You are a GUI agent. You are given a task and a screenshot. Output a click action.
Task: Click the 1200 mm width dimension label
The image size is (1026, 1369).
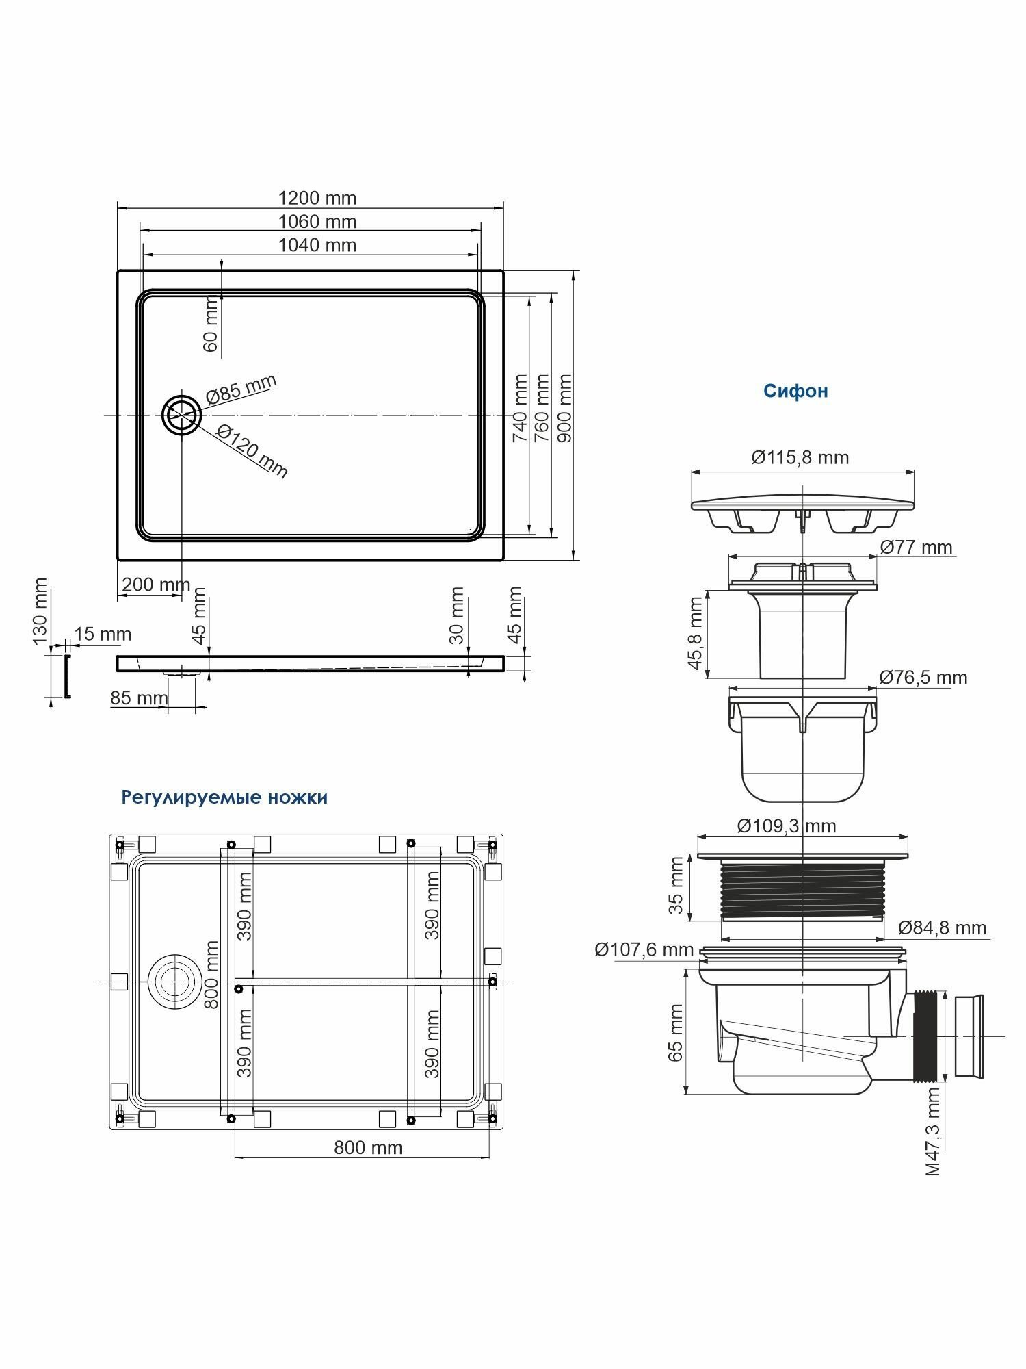[317, 198]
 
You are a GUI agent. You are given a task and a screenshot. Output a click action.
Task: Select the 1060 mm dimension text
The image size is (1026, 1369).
[317, 222]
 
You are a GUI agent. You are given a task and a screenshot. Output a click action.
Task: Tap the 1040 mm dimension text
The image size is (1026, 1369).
[317, 245]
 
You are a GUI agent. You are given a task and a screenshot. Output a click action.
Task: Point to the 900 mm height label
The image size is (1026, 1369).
[565, 408]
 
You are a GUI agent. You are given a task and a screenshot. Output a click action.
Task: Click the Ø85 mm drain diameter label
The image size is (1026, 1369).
[241, 389]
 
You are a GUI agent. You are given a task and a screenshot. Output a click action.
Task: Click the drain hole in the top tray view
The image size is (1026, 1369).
[181, 414]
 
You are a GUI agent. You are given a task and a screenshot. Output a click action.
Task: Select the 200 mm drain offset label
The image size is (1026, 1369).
[155, 585]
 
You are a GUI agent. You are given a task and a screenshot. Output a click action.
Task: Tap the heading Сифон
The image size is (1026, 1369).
[795, 391]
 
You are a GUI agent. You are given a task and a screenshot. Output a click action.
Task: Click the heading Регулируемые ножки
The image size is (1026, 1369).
[224, 797]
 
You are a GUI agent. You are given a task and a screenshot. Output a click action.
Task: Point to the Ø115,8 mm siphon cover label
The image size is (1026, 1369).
[800, 457]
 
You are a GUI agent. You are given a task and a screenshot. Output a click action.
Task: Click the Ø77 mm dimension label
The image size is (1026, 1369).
[916, 547]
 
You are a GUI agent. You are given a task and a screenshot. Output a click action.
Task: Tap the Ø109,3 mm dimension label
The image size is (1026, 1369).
[786, 826]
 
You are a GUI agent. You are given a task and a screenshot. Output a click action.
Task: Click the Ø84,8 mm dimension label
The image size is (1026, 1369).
[942, 927]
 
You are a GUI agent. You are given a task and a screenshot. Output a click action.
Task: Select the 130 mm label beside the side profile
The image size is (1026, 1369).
[40, 611]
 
